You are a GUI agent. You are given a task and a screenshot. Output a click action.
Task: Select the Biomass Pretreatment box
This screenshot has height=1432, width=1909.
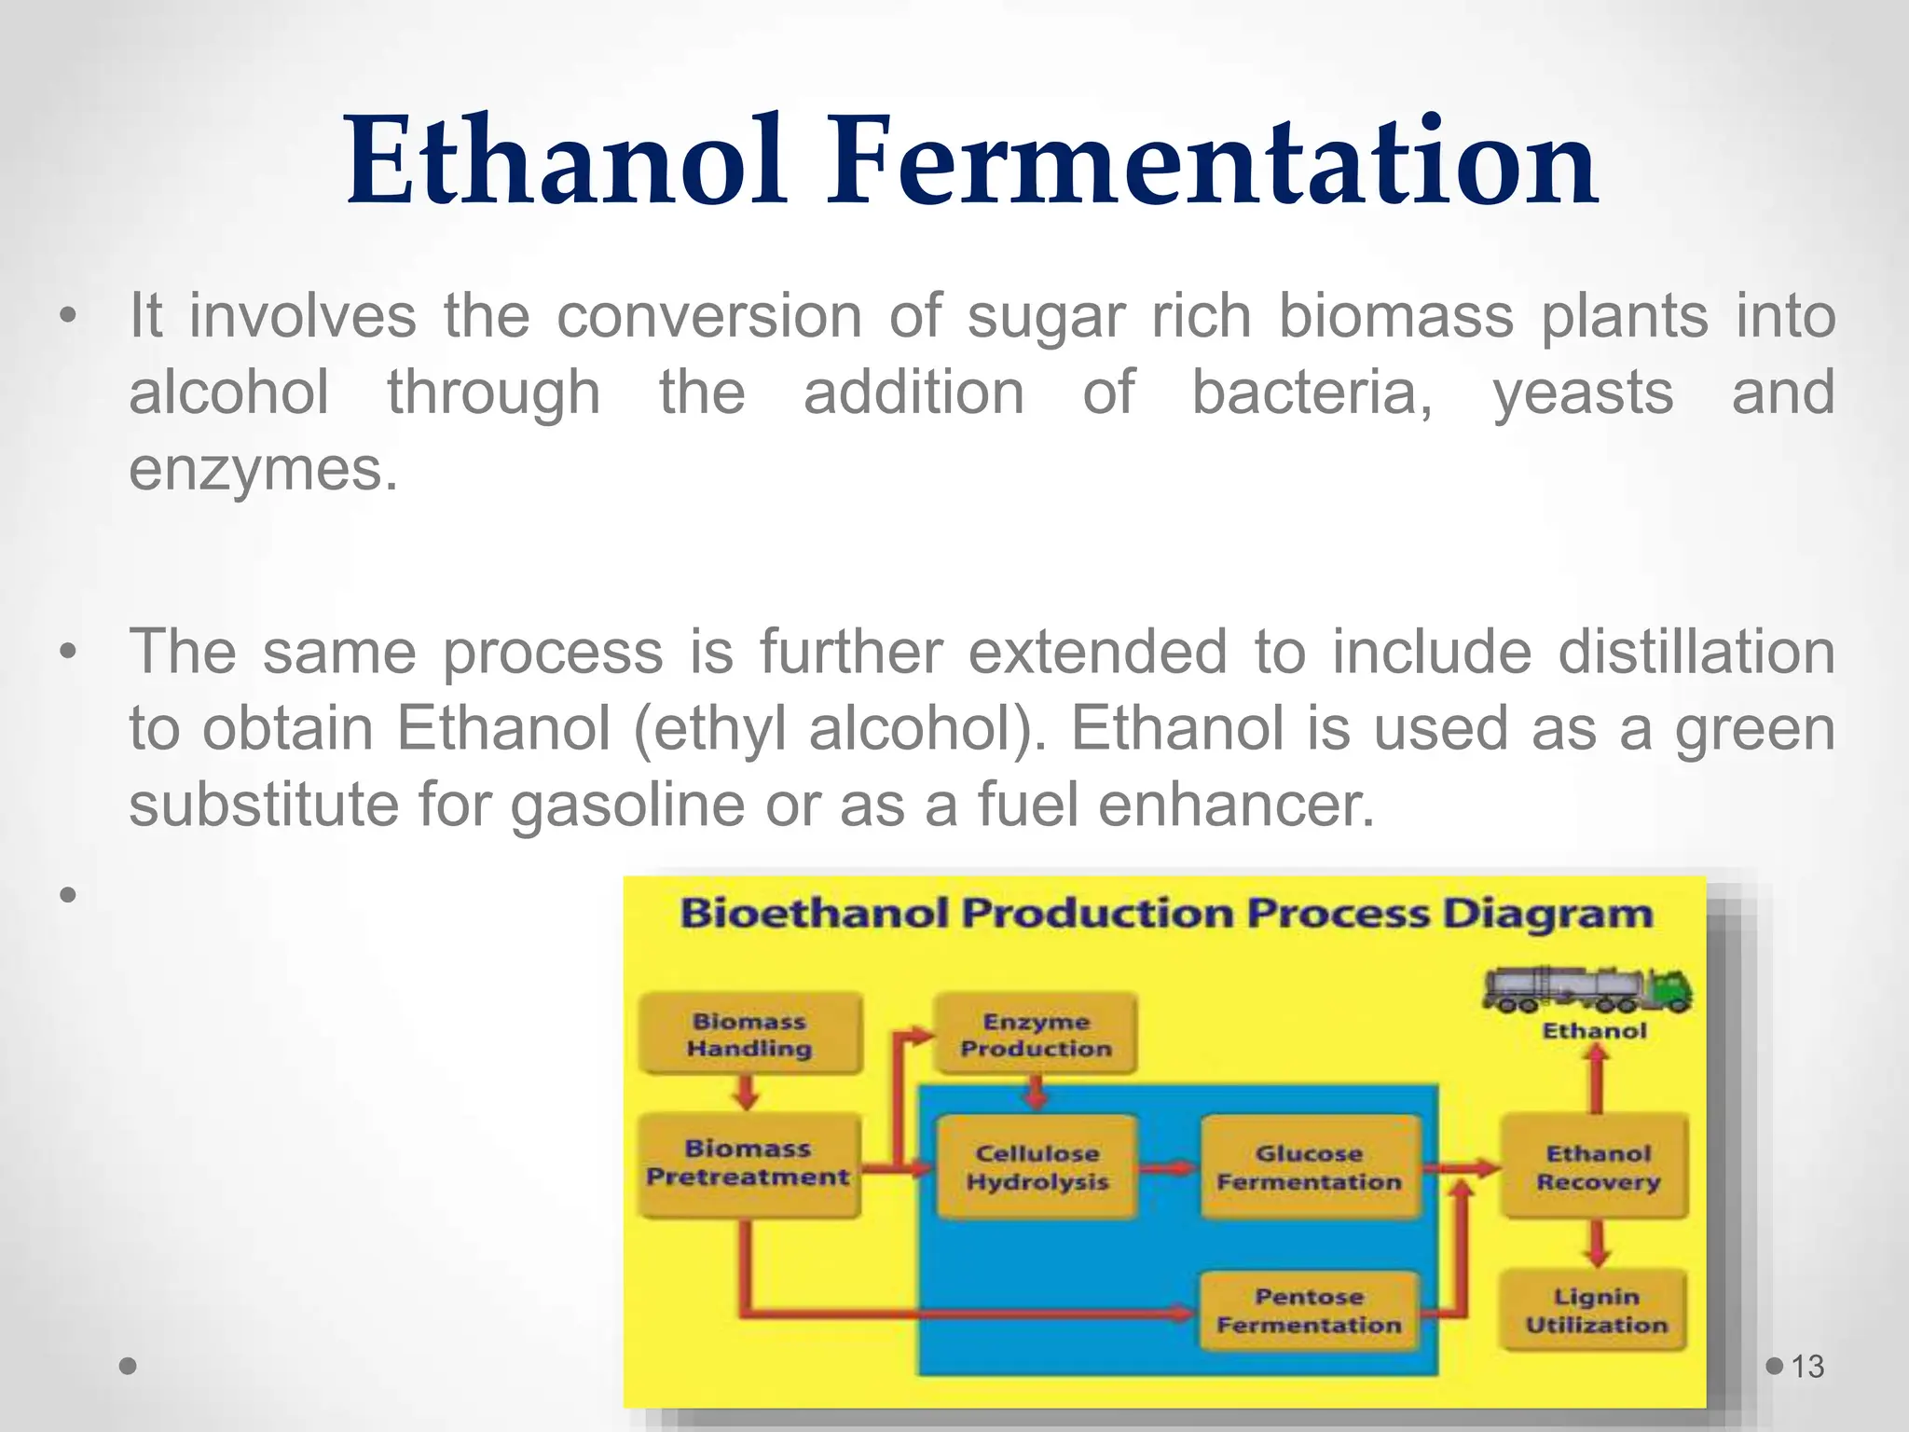point(748,1163)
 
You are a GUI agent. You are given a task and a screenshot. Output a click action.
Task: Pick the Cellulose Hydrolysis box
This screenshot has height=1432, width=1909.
point(1037,1167)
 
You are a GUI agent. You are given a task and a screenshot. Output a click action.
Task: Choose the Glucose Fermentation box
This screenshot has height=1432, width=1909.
point(1310,1167)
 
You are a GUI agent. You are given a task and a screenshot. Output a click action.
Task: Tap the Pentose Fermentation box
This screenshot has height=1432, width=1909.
point(1310,1311)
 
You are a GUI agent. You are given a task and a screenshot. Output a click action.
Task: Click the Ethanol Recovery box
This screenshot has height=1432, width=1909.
point(1598,1167)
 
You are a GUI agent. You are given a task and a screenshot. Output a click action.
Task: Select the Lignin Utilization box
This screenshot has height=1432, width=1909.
point(1596,1311)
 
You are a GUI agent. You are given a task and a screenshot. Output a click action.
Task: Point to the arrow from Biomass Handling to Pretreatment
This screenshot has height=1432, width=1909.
point(746,1093)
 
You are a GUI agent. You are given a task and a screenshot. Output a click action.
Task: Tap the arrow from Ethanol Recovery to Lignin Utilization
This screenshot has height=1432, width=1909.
point(1598,1244)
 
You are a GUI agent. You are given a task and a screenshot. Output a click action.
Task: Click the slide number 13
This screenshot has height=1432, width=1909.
point(1807,1367)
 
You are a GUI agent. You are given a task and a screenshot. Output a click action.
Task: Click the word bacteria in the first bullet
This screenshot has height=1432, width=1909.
point(1312,392)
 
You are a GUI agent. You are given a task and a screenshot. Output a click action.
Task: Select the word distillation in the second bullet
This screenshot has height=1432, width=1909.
point(1696,652)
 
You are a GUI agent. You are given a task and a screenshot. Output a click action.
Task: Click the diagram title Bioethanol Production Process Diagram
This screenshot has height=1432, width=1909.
point(1166,913)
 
